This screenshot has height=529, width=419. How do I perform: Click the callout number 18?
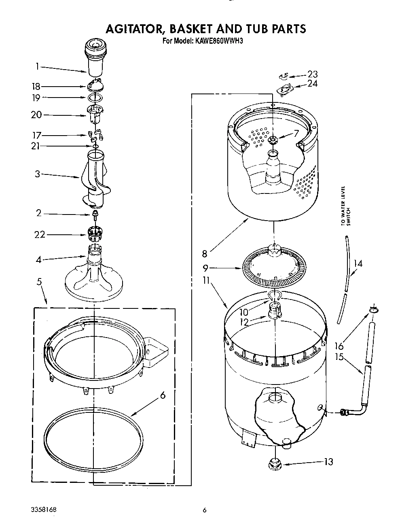pos(36,86)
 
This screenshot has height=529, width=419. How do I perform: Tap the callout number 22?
pos(40,234)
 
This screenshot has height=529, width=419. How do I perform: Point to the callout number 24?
pos(312,83)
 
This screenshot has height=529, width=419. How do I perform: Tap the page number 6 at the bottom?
pos(205,510)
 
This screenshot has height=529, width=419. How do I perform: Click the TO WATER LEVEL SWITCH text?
pos(345,205)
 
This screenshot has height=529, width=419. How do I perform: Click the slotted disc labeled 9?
pos(274,268)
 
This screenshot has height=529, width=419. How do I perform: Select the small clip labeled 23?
pos(284,75)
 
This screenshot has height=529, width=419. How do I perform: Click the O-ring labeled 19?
pos(93,98)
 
